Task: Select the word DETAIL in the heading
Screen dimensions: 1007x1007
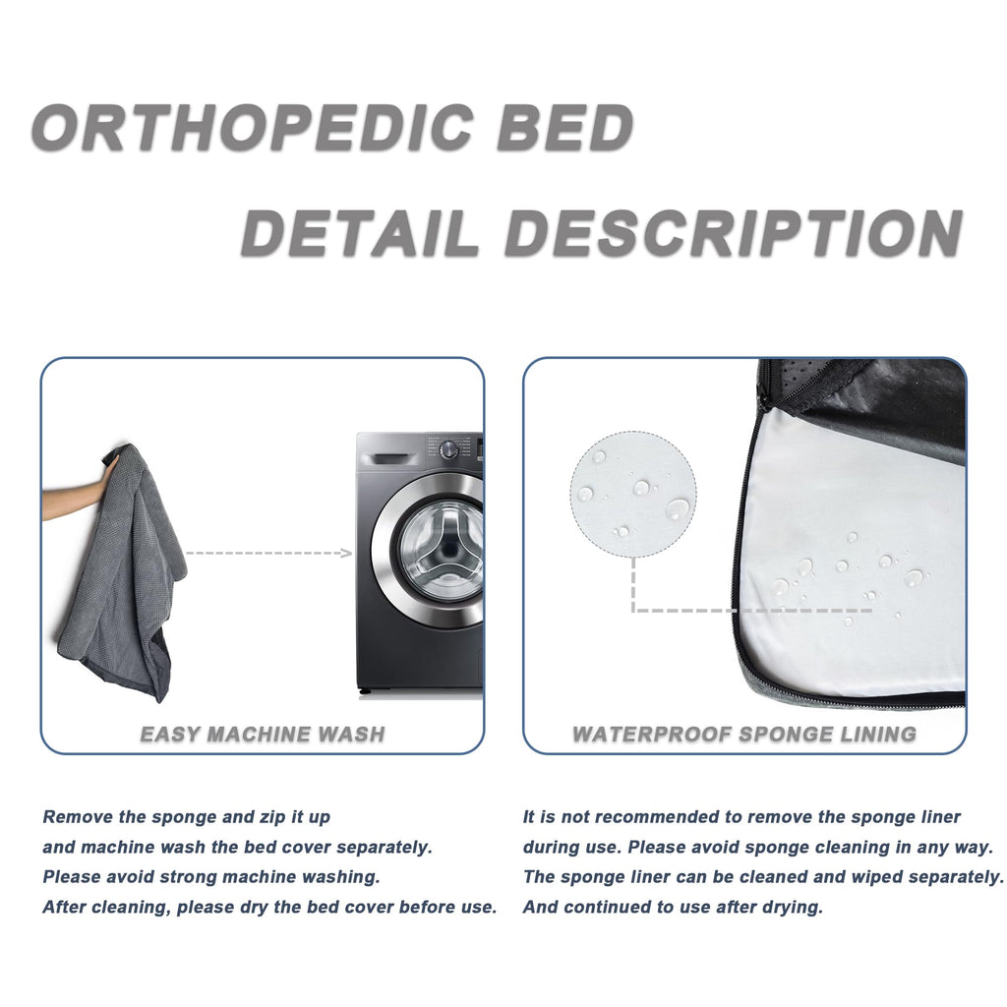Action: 360,234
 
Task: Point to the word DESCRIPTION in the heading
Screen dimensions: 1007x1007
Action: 734,234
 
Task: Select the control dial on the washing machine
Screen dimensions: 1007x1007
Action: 449,449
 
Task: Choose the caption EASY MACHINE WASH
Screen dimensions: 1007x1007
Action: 263,734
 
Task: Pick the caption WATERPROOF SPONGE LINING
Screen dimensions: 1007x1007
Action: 744,734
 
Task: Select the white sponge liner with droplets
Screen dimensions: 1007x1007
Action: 846,570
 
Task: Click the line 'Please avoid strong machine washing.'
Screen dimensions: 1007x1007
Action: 211,876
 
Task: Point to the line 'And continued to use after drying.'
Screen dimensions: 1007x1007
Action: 673,907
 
